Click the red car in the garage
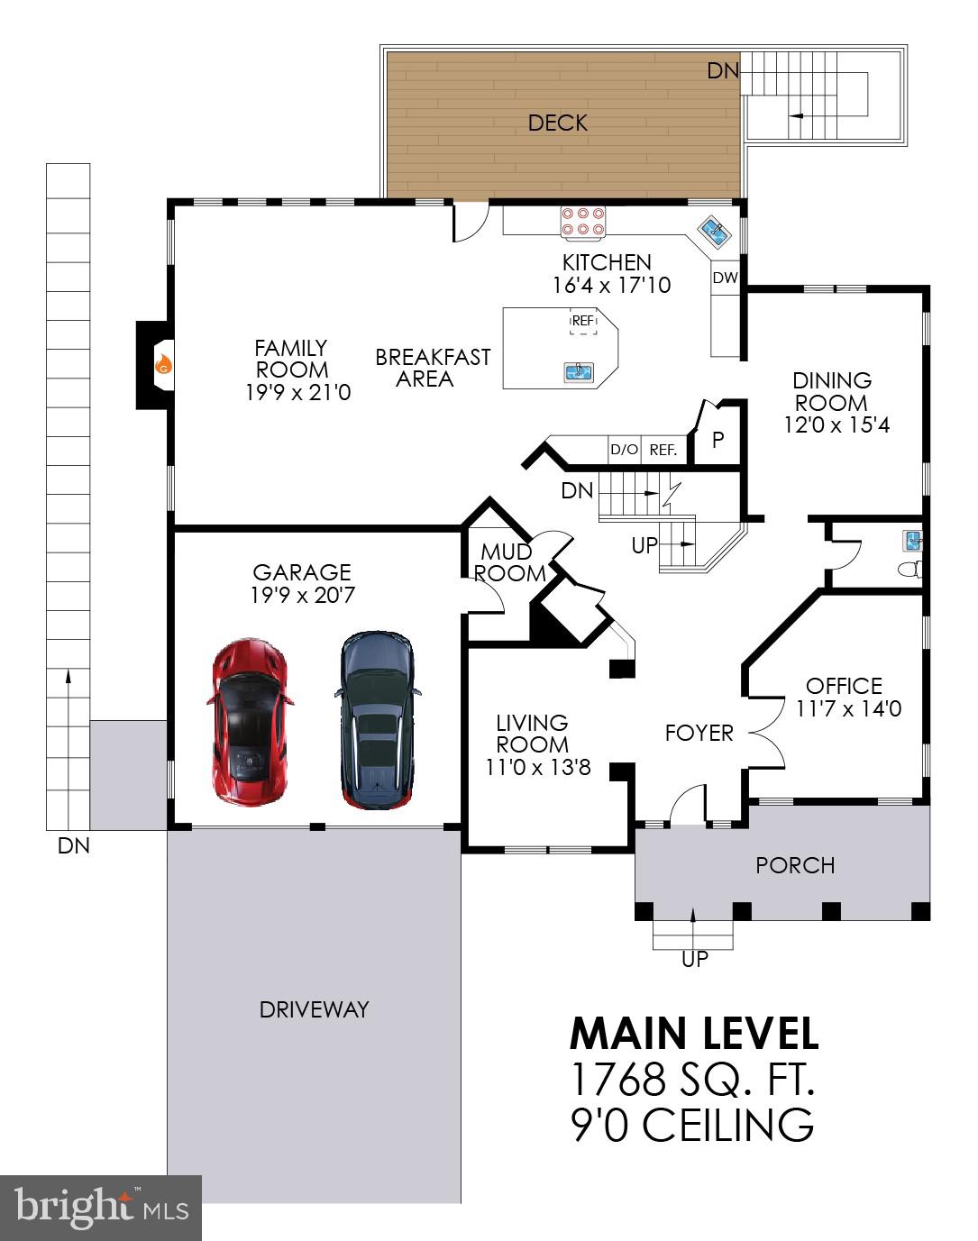coord(250,720)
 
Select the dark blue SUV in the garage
coord(377,718)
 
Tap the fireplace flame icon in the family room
coord(163,364)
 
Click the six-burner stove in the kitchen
coord(583,223)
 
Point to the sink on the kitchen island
coord(577,370)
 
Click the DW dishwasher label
coord(725,278)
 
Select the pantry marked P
coord(718,441)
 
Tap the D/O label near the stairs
coord(624,450)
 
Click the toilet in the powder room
coord(912,570)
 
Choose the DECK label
coord(558,123)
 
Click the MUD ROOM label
coord(510,562)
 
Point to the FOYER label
coord(699,733)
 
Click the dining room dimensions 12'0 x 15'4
coord(836,425)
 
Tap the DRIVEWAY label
coord(314,1009)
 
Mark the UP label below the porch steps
coord(694,959)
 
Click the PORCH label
coord(795,865)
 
